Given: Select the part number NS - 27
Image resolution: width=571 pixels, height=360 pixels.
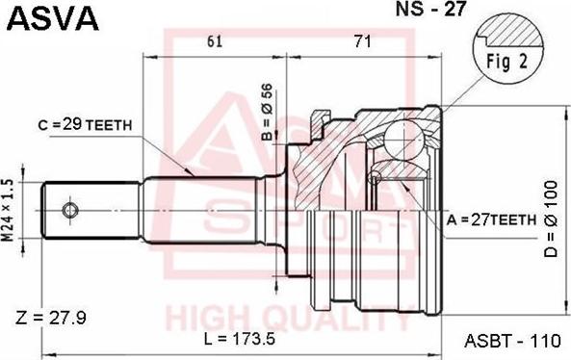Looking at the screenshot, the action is (430, 9).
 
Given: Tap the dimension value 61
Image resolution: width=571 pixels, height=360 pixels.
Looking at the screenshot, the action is (215, 41).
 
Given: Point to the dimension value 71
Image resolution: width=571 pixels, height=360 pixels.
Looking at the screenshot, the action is (362, 41).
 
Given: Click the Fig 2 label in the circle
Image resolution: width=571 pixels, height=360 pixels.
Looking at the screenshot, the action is (506, 63).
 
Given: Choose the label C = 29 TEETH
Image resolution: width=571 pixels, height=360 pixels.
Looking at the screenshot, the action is (85, 125).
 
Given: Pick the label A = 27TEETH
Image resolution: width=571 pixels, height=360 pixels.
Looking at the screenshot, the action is (492, 219).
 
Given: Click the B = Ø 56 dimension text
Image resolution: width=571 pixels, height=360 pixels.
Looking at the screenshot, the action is (267, 112).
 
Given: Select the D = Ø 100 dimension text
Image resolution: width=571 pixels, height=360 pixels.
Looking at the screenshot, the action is (552, 219).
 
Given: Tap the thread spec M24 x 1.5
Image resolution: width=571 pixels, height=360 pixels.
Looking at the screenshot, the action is (8, 211).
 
